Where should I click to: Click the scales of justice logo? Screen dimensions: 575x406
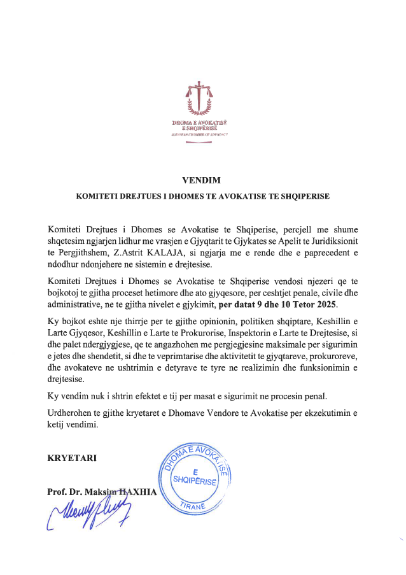click(199, 97)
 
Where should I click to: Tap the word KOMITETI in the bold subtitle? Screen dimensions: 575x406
click(101, 197)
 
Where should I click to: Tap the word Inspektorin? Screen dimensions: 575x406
click(246, 335)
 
